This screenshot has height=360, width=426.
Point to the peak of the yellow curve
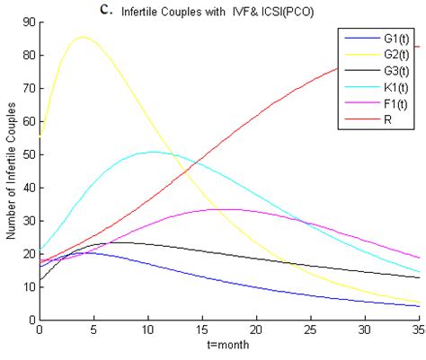click(x=83, y=37)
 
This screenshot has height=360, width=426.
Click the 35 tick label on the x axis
click(x=420, y=330)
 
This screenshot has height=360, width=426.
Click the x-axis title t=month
click(x=226, y=345)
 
